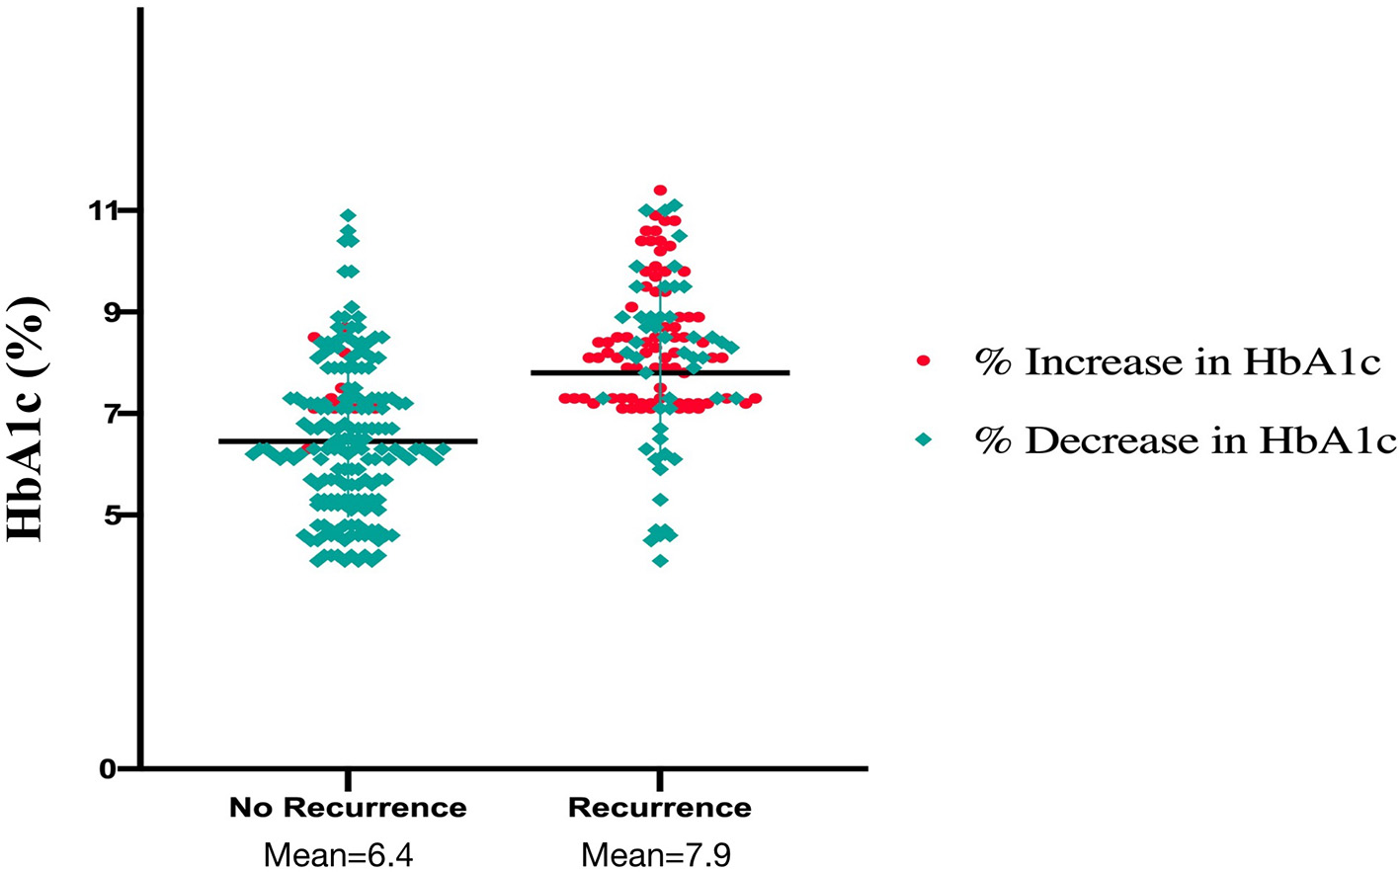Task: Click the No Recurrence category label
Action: pos(348,808)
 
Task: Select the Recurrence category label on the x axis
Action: pos(659,808)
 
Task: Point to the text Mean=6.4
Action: pos(338,854)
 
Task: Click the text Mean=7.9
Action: pos(656,854)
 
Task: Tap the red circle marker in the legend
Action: pos(924,361)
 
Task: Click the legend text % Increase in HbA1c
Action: pos(1177,362)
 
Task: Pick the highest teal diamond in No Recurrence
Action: pos(348,215)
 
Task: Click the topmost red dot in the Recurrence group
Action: pos(660,191)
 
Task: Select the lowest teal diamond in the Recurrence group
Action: pos(660,561)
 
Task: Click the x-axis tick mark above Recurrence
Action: pos(660,776)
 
